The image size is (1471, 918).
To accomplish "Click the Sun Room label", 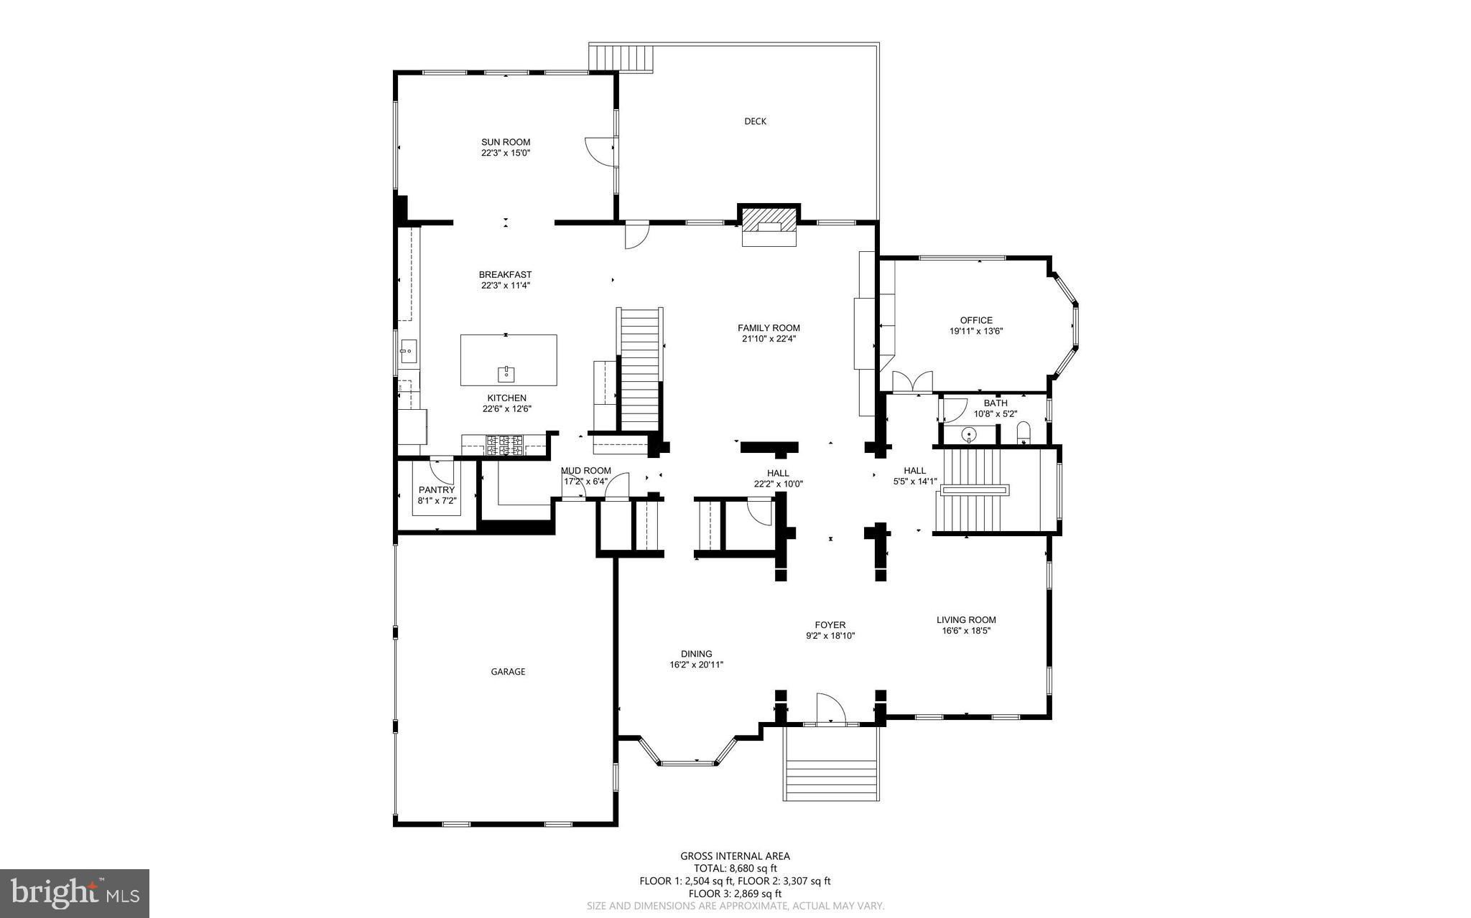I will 506,142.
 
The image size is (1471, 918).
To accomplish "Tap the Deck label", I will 755,121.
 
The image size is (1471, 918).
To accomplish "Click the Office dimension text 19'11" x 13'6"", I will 976,332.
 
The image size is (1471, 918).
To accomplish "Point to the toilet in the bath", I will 1024,432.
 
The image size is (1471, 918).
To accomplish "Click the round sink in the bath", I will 969,434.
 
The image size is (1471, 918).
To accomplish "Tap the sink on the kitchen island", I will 506,373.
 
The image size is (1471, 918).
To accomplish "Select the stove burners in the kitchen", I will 506,445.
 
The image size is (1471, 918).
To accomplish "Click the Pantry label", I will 437,490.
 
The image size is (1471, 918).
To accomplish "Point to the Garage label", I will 508,672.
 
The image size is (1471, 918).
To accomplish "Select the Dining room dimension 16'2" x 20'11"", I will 696,665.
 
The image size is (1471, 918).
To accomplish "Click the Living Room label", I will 966,620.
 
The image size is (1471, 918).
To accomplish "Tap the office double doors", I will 911,382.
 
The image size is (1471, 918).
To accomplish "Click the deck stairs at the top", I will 621,57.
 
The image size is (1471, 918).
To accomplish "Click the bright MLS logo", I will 75,893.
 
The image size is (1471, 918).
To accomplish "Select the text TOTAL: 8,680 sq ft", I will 735,868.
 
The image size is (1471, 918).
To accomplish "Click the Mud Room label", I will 586,471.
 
